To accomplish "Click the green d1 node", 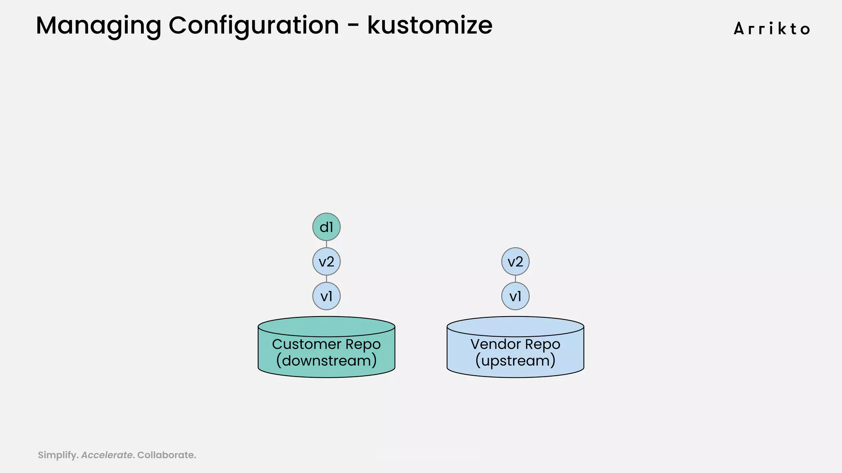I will coord(326,227).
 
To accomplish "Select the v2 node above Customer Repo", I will coord(326,262).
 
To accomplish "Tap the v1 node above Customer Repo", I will coord(326,296).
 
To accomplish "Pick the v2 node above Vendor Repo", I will coord(515,262).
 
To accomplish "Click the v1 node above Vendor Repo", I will coord(515,296).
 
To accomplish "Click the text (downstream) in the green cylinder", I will coord(326,361).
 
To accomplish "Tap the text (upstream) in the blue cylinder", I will coord(515,361).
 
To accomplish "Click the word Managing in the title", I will coord(98,25).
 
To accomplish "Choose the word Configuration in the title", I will coord(254,25).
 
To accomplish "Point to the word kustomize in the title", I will coord(430,25).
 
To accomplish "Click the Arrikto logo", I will coord(772,29).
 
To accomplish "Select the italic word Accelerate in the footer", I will coord(107,455).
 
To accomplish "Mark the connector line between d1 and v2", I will coord(326,244).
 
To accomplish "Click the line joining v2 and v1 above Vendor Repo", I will coord(515,279).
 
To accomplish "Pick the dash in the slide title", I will coord(353,26).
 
